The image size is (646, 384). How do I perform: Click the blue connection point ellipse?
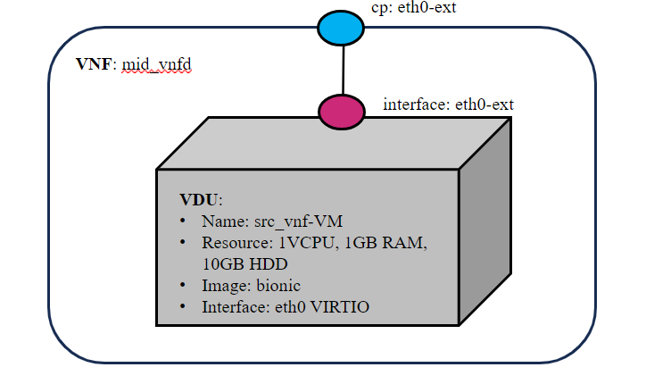(341, 27)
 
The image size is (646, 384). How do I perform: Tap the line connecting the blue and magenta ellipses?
(342, 69)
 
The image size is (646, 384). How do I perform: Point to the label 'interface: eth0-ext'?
(448, 104)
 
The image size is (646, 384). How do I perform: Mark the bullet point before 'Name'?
(183, 221)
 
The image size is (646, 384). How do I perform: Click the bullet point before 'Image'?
(183, 286)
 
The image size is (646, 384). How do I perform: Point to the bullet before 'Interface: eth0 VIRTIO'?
(183, 308)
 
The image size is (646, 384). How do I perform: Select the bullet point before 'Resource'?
(183, 242)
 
